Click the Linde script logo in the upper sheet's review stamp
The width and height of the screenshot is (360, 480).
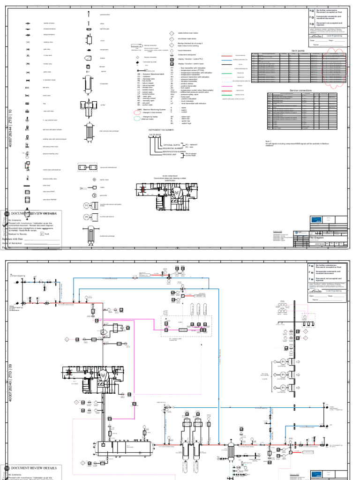coord(330,35)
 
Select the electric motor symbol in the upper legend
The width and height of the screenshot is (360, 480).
coord(94,180)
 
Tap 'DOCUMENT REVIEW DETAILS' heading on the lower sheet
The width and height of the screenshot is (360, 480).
coord(37,468)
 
